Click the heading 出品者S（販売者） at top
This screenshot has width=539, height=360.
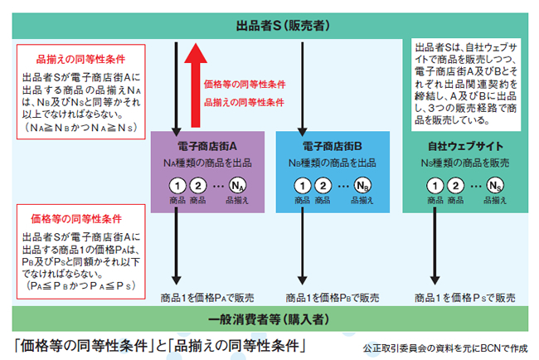280,26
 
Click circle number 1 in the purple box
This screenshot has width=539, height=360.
177,185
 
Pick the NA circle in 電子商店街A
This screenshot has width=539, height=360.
238,185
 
